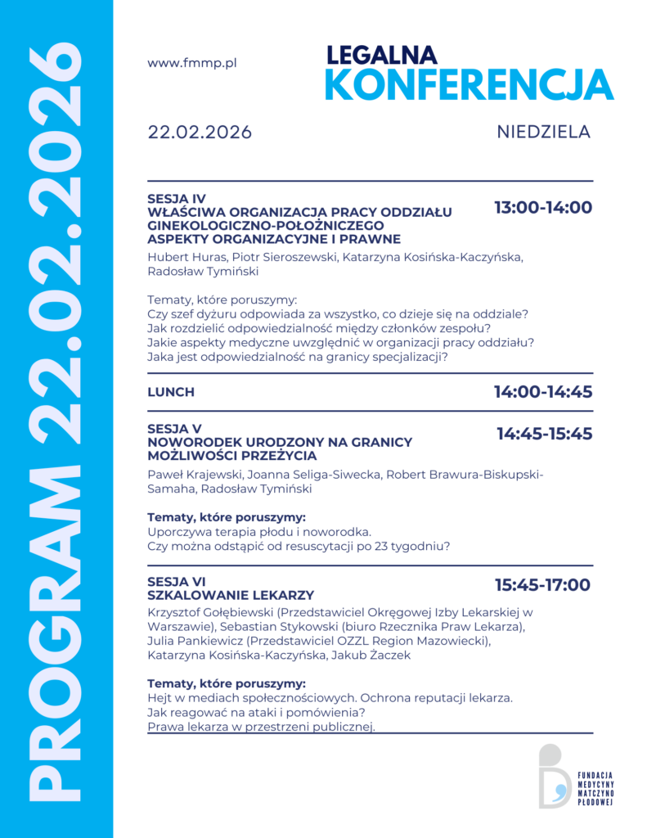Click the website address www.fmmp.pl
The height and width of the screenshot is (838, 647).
[x=192, y=63]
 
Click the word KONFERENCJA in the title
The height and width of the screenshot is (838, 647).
[x=469, y=84]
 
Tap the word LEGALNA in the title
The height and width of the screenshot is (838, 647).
[x=382, y=55]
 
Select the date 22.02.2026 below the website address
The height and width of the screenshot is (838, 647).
[x=200, y=133]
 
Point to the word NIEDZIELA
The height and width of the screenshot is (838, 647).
[x=543, y=132]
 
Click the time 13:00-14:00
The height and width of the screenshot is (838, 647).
[x=543, y=208]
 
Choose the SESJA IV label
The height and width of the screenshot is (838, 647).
[x=177, y=199]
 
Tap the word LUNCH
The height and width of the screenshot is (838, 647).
[x=171, y=392]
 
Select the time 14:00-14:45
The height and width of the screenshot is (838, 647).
[x=543, y=392]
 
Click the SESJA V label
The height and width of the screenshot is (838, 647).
[x=173, y=429]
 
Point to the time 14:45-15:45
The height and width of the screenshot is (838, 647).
[x=545, y=434]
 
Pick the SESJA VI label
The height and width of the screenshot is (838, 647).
[x=177, y=582]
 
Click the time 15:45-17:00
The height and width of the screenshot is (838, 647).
[x=542, y=585]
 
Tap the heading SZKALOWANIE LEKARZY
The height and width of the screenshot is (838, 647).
[x=231, y=595]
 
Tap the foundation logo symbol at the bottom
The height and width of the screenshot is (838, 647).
[x=554, y=776]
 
